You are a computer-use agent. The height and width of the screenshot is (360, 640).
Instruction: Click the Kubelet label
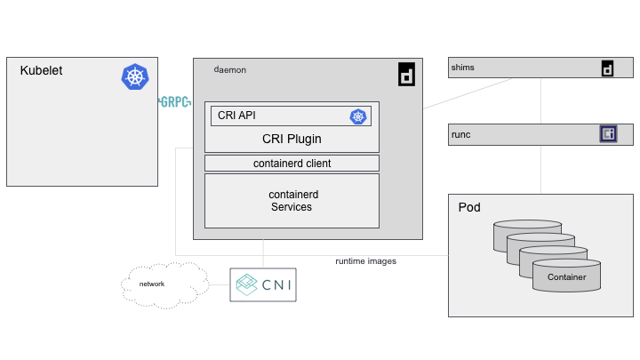41,70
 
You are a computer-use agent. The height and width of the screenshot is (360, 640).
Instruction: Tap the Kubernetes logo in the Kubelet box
135,76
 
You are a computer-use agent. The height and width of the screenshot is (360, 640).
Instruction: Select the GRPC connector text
175,102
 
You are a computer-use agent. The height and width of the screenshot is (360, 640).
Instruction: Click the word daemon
230,69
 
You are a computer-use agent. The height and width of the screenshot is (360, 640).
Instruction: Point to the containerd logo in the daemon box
406,75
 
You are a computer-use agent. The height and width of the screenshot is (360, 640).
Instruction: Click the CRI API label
236,116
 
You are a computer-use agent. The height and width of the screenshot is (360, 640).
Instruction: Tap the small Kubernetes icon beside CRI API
358,116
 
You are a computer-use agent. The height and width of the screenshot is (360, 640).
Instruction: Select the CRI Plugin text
292,139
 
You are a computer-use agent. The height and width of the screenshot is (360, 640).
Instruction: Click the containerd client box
292,164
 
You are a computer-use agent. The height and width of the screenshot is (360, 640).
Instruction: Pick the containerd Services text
292,201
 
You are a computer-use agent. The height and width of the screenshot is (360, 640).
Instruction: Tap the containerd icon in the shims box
608,68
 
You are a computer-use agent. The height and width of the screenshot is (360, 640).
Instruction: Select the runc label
461,134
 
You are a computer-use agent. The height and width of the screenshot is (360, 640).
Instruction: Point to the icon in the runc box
609,134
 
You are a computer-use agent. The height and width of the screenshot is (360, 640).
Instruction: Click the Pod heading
469,207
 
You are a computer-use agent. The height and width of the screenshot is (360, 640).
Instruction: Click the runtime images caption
365,261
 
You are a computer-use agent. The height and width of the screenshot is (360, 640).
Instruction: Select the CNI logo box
263,284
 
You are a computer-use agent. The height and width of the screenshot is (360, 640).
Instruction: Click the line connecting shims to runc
541,101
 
